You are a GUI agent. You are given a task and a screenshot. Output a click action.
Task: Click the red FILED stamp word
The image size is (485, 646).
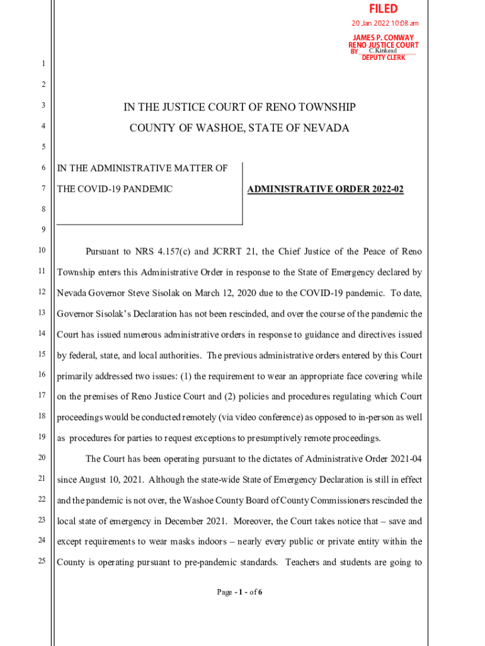(384, 9)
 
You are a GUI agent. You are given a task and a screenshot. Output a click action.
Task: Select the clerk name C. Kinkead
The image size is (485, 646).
(382, 51)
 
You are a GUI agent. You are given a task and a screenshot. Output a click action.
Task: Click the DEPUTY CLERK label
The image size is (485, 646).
(384, 58)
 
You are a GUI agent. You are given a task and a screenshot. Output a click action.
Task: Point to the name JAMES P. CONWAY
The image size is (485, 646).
(383, 38)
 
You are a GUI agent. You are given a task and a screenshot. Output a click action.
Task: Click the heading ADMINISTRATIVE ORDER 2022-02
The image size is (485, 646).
(326, 189)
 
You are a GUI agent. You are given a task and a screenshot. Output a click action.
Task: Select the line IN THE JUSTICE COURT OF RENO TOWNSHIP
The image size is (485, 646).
(239, 107)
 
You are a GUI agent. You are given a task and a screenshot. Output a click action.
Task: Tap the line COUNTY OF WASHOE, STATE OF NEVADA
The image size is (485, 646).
(239, 128)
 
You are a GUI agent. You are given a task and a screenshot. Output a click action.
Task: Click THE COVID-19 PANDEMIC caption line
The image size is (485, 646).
(115, 189)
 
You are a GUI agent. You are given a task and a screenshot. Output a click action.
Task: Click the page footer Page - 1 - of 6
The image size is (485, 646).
(239, 592)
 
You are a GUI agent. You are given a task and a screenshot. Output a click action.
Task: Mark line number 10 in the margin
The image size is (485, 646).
(41, 251)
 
